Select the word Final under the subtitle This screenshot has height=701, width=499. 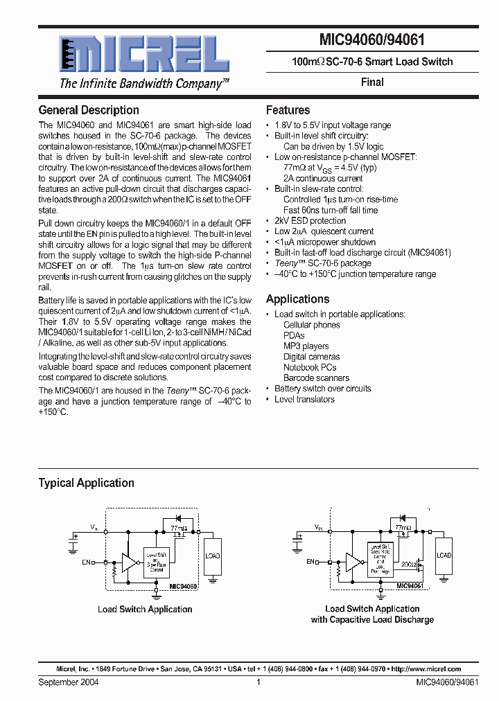coord(372,82)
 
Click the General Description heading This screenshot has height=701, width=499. coord(89,110)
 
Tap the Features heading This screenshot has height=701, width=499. coord(288,110)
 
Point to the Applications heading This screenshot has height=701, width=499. coord(297,299)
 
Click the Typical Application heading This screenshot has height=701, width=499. coord(86,483)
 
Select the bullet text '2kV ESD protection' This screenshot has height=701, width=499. coord(310,221)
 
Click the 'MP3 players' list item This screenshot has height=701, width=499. coord(306,346)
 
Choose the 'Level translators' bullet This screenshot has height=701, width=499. coord(304,400)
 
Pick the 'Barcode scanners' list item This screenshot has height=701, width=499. coord(316,378)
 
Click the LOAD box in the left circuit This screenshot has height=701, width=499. coord(212,556)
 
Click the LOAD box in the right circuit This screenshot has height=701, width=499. coord(444,556)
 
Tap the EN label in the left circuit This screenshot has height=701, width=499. coord(86,562)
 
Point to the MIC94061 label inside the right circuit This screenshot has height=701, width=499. coord(410,586)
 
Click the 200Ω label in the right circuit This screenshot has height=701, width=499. coord(408,565)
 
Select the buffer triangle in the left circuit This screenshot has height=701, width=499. coord(129,562)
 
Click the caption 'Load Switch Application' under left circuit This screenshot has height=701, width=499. coord(145,610)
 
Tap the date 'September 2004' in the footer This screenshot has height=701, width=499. coord(69,682)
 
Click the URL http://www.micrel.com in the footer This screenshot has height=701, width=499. coord(426,669)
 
